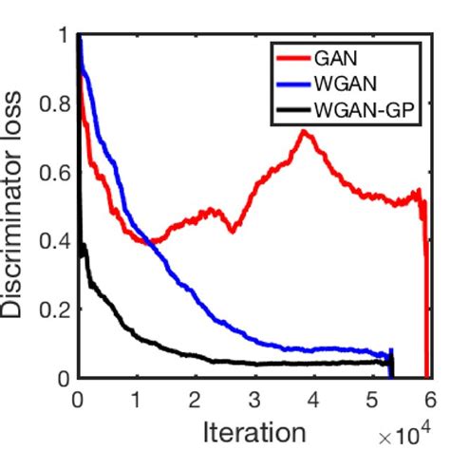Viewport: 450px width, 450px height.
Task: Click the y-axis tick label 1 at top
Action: tap(62, 37)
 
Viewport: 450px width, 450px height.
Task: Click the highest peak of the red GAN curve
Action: tap(304, 131)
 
